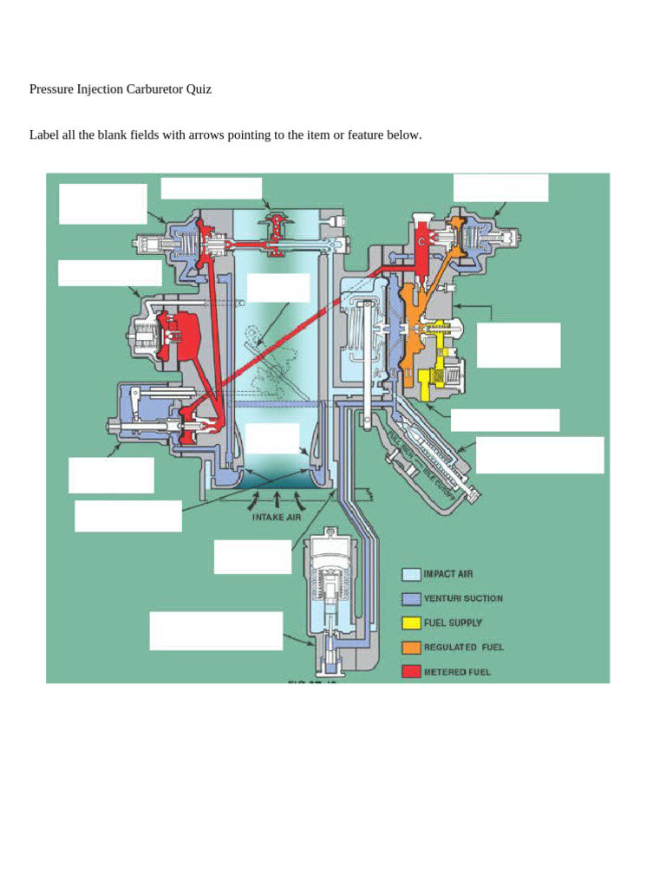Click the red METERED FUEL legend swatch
point(411,671)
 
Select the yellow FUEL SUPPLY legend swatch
point(411,623)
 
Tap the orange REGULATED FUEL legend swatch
point(411,647)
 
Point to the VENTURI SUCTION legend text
point(463,598)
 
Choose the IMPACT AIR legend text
point(447,574)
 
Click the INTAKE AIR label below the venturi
point(276,518)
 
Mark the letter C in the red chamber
point(421,242)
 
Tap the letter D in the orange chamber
point(408,372)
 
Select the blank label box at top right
point(500,187)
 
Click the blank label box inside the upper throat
point(278,288)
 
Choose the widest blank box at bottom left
point(216,630)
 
